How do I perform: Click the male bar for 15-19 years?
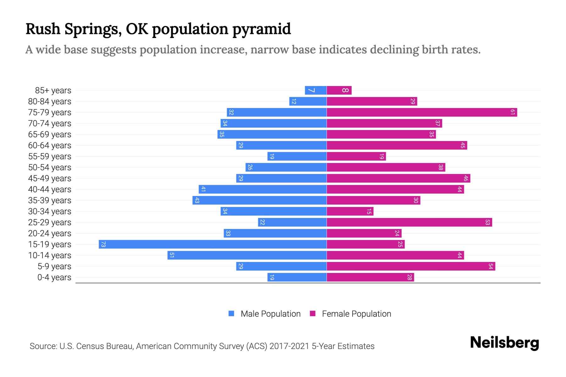[x=213, y=244]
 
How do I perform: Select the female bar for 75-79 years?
[x=422, y=112]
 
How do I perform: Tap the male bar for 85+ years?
[x=316, y=90]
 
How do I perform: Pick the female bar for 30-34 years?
[x=350, y=211]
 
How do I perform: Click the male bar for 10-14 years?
[x=247, y=255]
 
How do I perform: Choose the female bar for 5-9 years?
[x=411, y=266]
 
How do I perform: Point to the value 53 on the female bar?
[x=487, y=222]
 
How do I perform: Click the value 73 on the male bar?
[x=103, y=244]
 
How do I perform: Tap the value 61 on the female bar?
[x=513, y=112]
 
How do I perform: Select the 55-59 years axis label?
[x=50, y=156]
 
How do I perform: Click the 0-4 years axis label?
[x=54, y=277]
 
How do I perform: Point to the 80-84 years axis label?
[x=50, y=101]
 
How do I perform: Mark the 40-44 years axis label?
[x=50, y=189]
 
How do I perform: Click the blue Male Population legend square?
[x=231, y=314]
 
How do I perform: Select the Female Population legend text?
[x=356, y=314]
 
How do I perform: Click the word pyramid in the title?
[x=262, y=29]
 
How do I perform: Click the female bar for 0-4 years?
[x=370, y=277]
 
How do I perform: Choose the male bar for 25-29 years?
[x=292, y=222]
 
